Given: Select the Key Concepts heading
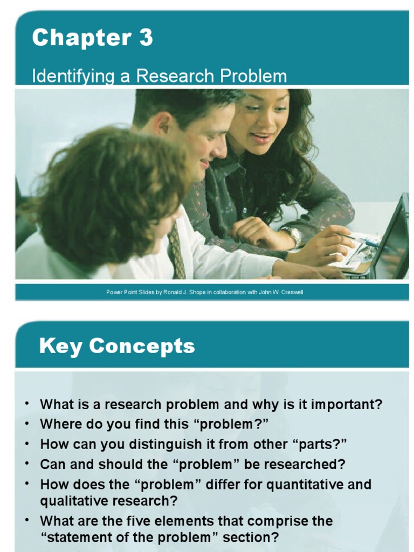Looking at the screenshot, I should click(x=117, y=346).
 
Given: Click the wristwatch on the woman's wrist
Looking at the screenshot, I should click(x=293, y=236).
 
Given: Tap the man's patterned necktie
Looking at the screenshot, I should click(x=176, y=250).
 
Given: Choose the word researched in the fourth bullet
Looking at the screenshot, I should click(x=312, y=464).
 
